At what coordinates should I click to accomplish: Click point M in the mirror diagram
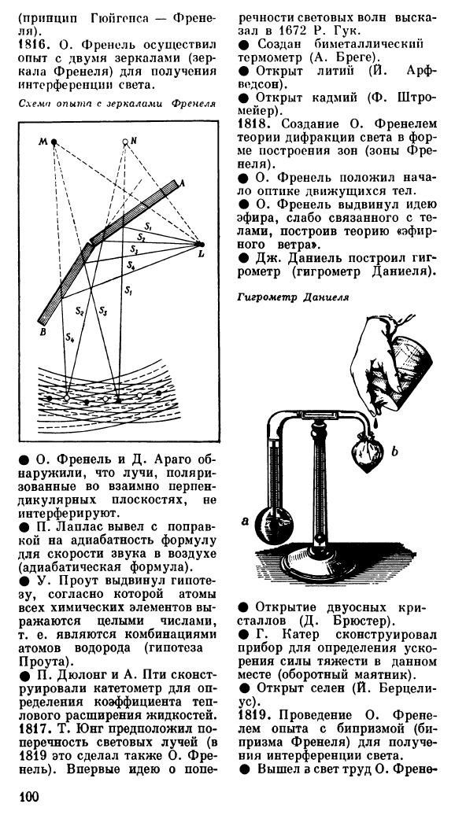pos(54,142)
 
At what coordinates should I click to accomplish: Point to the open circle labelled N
pos(125,142)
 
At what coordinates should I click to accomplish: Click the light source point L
pos(202,244)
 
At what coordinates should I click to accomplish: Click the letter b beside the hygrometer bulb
pos(394,452)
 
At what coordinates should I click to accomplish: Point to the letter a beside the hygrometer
pos(245,522)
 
